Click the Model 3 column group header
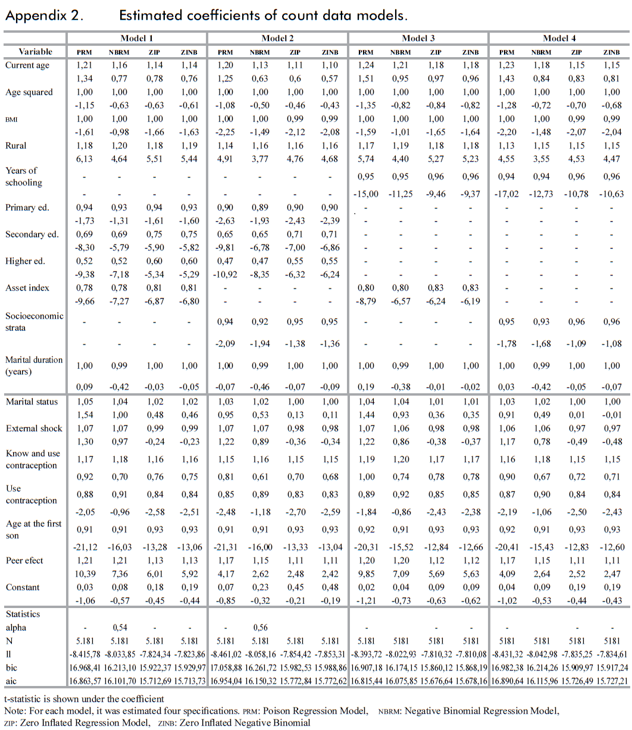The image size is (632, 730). click(418, 38)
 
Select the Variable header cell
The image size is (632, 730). click(35, 52)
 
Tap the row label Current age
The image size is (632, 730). click(27, 65)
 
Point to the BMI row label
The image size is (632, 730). click(12, 119)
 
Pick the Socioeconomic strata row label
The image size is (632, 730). click(34, 322)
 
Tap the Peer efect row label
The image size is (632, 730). click(24, 560)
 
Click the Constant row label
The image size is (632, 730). click(23, 587)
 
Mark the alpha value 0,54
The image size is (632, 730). click(120, 628)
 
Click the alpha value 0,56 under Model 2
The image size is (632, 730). click(260, 628)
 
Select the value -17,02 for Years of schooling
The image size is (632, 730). click(506, 196)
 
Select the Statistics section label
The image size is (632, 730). click(23, 613)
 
